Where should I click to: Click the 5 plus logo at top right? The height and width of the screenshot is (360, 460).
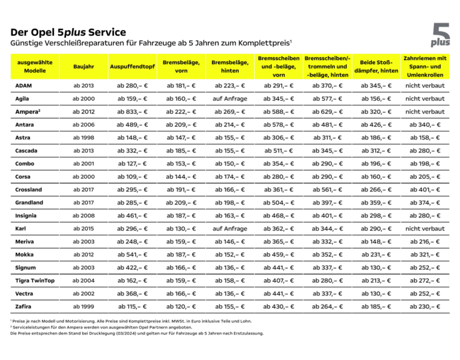point(440,35)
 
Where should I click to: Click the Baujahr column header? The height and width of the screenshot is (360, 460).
point(84,66)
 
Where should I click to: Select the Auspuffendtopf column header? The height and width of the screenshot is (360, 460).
point(132,66)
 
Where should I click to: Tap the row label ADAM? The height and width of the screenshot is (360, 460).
point(23,86)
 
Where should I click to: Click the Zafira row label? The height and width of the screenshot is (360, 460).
point(23,307)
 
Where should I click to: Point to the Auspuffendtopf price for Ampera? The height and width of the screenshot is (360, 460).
point(132,112)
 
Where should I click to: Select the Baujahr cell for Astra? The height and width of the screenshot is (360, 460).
point(84,138)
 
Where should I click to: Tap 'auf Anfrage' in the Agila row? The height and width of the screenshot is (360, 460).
point(230,99)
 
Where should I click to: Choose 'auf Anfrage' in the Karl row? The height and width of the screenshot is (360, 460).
point(230,229)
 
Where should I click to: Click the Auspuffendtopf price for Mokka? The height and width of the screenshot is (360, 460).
point(132,255)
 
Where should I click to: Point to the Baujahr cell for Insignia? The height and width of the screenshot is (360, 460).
point(84,216)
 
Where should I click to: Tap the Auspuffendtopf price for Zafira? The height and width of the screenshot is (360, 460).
point(132,307)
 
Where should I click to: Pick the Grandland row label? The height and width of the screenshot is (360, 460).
point(29,203)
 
